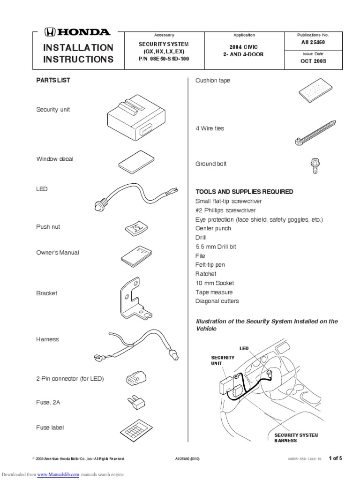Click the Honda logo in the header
pos(76,32)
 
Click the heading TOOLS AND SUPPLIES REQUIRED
pos(244,192)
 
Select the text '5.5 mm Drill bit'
pos(217,247)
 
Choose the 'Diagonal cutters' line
pos(217,301)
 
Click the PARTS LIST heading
pos(53,80)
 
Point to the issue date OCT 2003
pos(314,61)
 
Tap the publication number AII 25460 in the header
pos(314,43)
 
